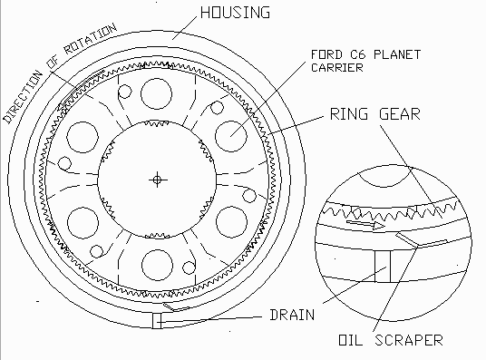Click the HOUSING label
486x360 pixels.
pyautogui.click(x=235, y=13)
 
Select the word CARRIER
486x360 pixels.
pyautogui.click(x=337, y=67)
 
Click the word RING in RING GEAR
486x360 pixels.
pyautogui.click(x=349, y=113)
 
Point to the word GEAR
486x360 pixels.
pyautogui.click(x=400, y=113)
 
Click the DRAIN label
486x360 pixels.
pyautogui.click(x=292, y=315)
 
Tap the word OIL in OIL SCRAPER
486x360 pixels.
pyautogui.click(x=350, y=340)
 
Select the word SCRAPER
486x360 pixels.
pyautogui.click(x=409, y=340)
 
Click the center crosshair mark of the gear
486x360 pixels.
pyautogui.click(x=157, y=180)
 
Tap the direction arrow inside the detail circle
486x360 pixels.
pyautogui.click(x=365, y=224)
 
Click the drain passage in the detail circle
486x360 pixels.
pyautogui.click(x=383, y=267)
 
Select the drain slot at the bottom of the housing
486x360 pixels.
pyautogui.click(x=157, y=321)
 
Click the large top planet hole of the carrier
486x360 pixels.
pyautogui.click(x=156, y=93)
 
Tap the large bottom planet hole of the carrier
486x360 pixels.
pyautogui.click(x=157, y=265)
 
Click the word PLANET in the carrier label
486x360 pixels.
pyautogui.click(x=397, y=55)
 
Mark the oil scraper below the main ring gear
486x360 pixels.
pyautogui.click(x=176, y=307)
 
